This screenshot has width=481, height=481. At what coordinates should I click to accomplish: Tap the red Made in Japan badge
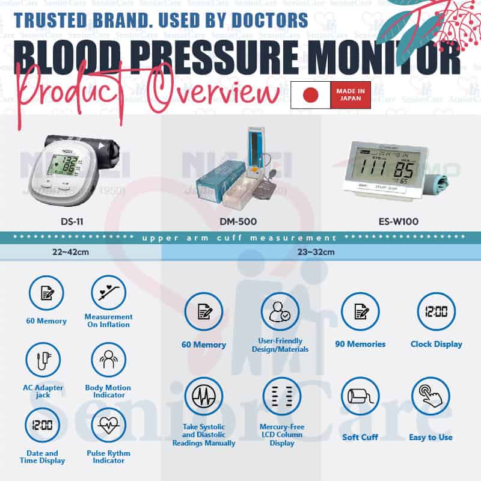coord(351,95)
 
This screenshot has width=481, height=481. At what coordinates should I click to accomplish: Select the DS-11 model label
coord(72,222)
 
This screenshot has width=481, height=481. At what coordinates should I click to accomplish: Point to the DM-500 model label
coord(238,222)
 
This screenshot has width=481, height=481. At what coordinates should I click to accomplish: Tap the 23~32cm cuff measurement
coord(315,252)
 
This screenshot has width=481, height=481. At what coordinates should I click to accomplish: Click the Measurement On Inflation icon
coord(108,293)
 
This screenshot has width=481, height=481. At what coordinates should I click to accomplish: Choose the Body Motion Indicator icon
coord(108,360)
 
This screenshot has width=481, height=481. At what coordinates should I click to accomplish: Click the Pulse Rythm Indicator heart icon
coord(108,426)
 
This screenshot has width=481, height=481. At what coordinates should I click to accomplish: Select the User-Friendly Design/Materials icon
coord(280,311)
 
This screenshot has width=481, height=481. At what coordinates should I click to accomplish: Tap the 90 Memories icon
coord(360,311)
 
